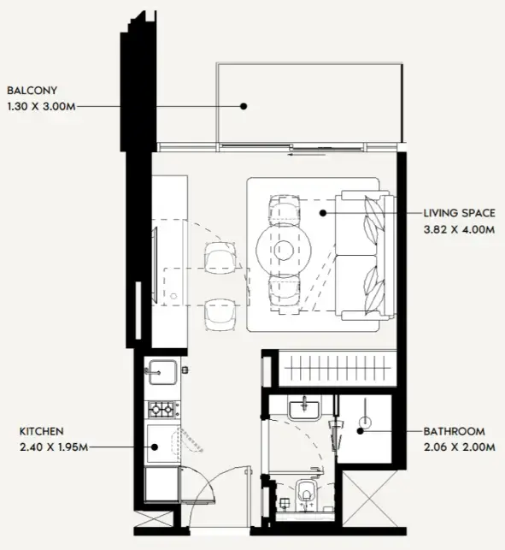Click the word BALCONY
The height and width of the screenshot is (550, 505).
(32, 91)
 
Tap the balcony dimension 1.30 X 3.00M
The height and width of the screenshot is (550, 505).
(41, 106)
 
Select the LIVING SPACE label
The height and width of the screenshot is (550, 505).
(459, 213)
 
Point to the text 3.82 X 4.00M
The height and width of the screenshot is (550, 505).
(459, 230)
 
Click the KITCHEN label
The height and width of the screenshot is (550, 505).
(41, 431)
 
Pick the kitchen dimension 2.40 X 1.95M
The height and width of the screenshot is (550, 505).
(54, 447)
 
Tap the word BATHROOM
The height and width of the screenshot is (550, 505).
(455, 431)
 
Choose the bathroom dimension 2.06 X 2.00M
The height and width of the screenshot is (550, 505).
(459, 447)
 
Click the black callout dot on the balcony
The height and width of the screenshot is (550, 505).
(244, 106)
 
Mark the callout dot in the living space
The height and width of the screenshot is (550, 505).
(323, 213)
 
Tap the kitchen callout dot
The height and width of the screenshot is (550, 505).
(155, 447)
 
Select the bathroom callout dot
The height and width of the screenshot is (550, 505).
(361, 431)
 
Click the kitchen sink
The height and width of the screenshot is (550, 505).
(161, 372)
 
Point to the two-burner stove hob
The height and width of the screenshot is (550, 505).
(161, 410)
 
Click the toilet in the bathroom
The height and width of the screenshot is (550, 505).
(307, 495)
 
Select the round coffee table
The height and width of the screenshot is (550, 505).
(284, 250)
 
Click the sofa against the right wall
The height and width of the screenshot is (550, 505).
(366, 256)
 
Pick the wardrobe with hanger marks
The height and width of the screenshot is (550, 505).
(338, 369)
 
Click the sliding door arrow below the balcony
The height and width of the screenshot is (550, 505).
(307, 154)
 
